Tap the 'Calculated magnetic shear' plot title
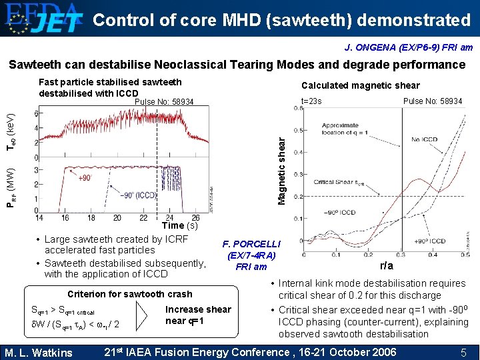[361, 85]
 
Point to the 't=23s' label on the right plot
[311, 101]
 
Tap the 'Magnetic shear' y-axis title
[281, 171]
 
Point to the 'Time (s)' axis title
[180, 225]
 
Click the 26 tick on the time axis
[195, 218]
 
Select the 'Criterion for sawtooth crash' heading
[130, 294]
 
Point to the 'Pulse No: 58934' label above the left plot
[164, 102]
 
